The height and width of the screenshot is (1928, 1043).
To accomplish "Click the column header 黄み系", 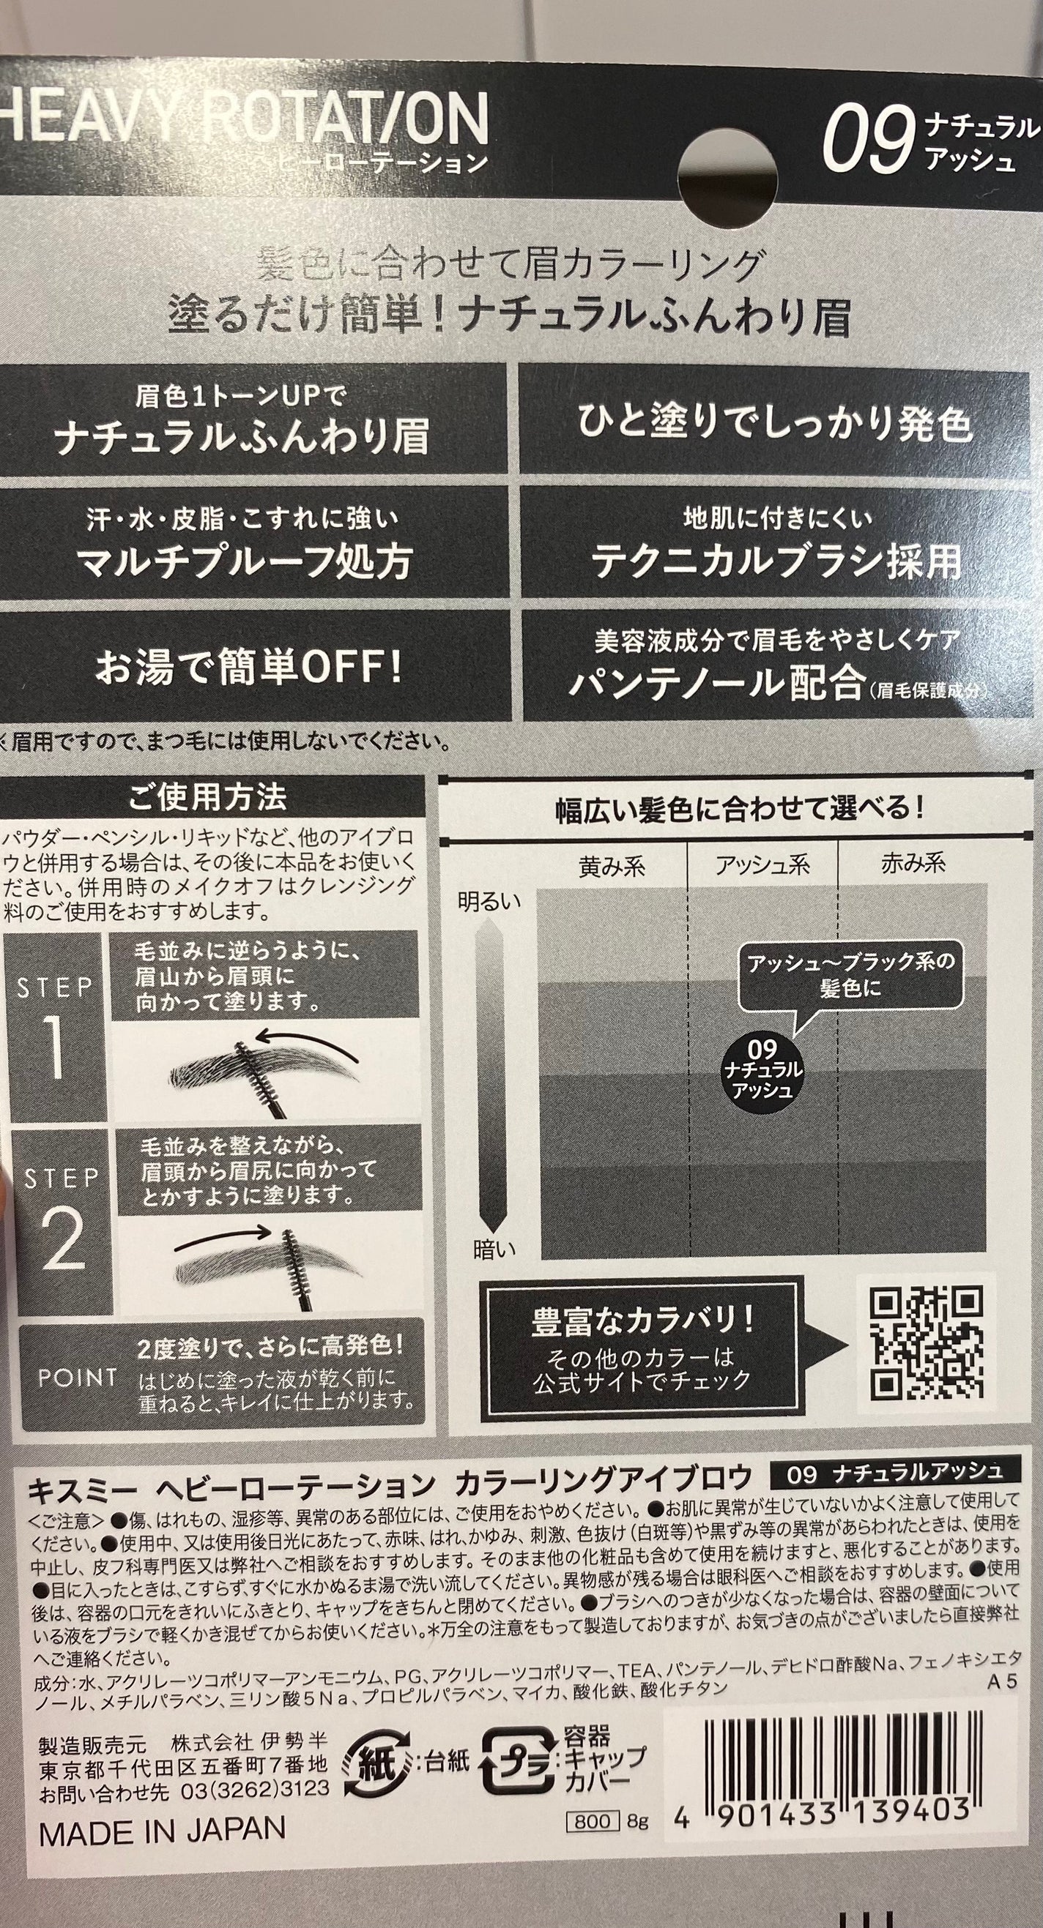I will (x=612, y=866).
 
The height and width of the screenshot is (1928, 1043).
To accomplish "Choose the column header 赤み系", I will (x=913, y=863).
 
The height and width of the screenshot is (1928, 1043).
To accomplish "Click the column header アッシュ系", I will (x=762, y=865).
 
